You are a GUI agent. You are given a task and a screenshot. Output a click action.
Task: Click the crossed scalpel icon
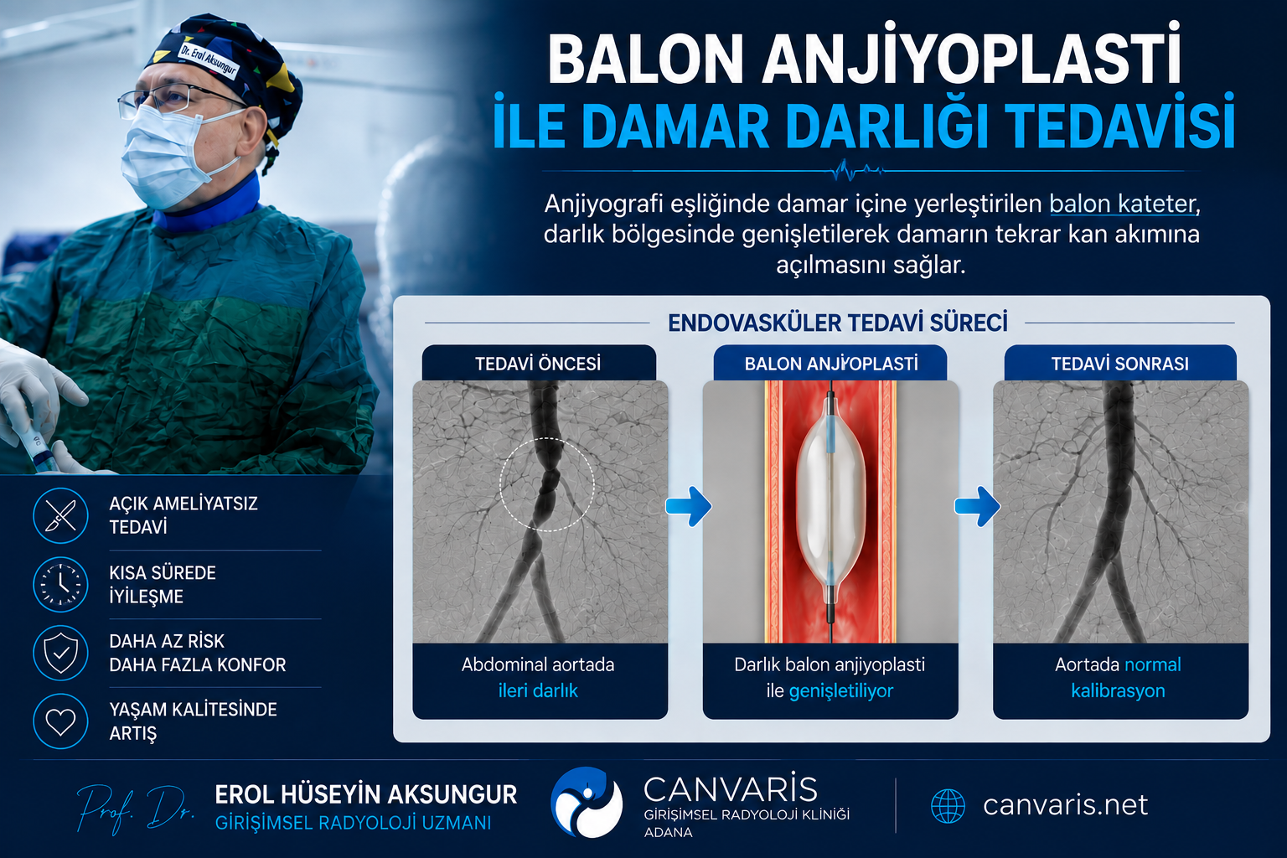click(x=60, y=515)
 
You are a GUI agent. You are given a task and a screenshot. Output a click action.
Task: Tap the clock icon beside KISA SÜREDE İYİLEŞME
click(x=60, y=585)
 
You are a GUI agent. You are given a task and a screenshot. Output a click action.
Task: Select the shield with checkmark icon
click(x=60, y=653)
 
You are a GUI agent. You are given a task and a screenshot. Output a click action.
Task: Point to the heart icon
click(x=60, y=721)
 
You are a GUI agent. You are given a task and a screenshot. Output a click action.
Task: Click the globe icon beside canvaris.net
click(x=948, y=806)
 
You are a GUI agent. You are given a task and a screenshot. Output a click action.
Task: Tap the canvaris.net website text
click(x=1065, y=804)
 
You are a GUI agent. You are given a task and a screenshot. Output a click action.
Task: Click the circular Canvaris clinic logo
click(x=586, y=802)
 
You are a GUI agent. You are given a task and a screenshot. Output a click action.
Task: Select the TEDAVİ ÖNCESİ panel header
click(x=539, y=363)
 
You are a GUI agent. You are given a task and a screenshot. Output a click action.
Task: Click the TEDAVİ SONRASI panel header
click(x=1119, y=363)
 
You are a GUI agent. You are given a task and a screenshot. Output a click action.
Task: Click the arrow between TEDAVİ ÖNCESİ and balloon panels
click(x=688, y=506)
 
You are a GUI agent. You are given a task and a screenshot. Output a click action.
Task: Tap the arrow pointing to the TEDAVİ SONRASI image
click(x=977, y=506)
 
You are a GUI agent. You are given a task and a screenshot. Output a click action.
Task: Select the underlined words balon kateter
click(x=1123, y=204)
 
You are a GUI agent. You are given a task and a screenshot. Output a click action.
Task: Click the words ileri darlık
click(x=538, y=690)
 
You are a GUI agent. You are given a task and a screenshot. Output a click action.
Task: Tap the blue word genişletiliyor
click(x=841, y=690)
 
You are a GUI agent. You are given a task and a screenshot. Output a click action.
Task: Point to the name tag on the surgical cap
click(x=208, y=59)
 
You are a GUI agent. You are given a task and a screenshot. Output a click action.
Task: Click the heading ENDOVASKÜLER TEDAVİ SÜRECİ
click(x=838, y=323)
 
